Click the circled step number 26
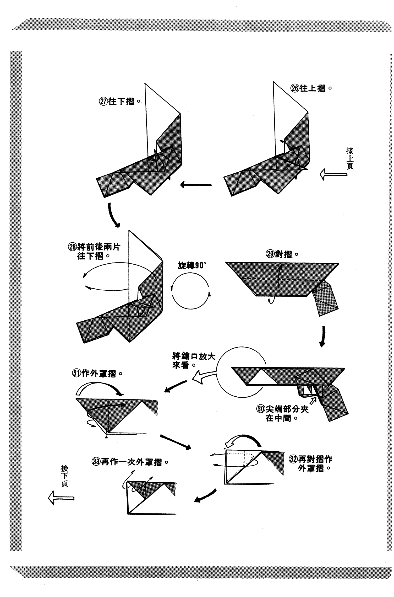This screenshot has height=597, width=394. click(x=295, y=88)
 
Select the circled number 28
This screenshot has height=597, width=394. click(x=72, y=247)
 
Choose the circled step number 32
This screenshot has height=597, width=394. click(x=293, y=459)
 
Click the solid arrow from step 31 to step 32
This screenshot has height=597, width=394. click(x=175, y=441)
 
